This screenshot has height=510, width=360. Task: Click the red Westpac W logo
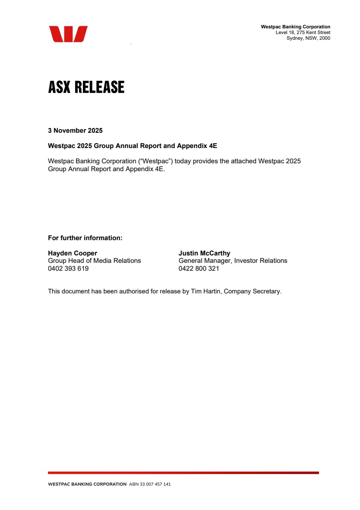68,34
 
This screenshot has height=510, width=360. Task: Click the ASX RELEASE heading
86,87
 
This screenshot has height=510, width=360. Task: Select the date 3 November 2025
75,131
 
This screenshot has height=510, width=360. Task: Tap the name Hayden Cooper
72,253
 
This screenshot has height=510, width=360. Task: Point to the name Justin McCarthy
204,253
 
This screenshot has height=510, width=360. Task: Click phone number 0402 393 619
68,269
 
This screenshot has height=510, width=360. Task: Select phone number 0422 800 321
199,269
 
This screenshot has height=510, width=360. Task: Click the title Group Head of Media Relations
94,261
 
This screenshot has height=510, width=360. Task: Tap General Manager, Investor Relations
233,261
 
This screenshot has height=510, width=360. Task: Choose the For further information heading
85,238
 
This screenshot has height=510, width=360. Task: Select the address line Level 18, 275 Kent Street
303,33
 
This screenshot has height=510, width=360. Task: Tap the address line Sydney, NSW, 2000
308,38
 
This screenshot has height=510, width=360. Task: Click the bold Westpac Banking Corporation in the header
295,27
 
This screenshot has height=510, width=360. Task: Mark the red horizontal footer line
183,472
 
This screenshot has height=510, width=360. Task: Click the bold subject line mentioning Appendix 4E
132,146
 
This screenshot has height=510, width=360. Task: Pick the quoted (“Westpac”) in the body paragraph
155,161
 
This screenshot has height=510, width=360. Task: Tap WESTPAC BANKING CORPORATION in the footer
87,484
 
